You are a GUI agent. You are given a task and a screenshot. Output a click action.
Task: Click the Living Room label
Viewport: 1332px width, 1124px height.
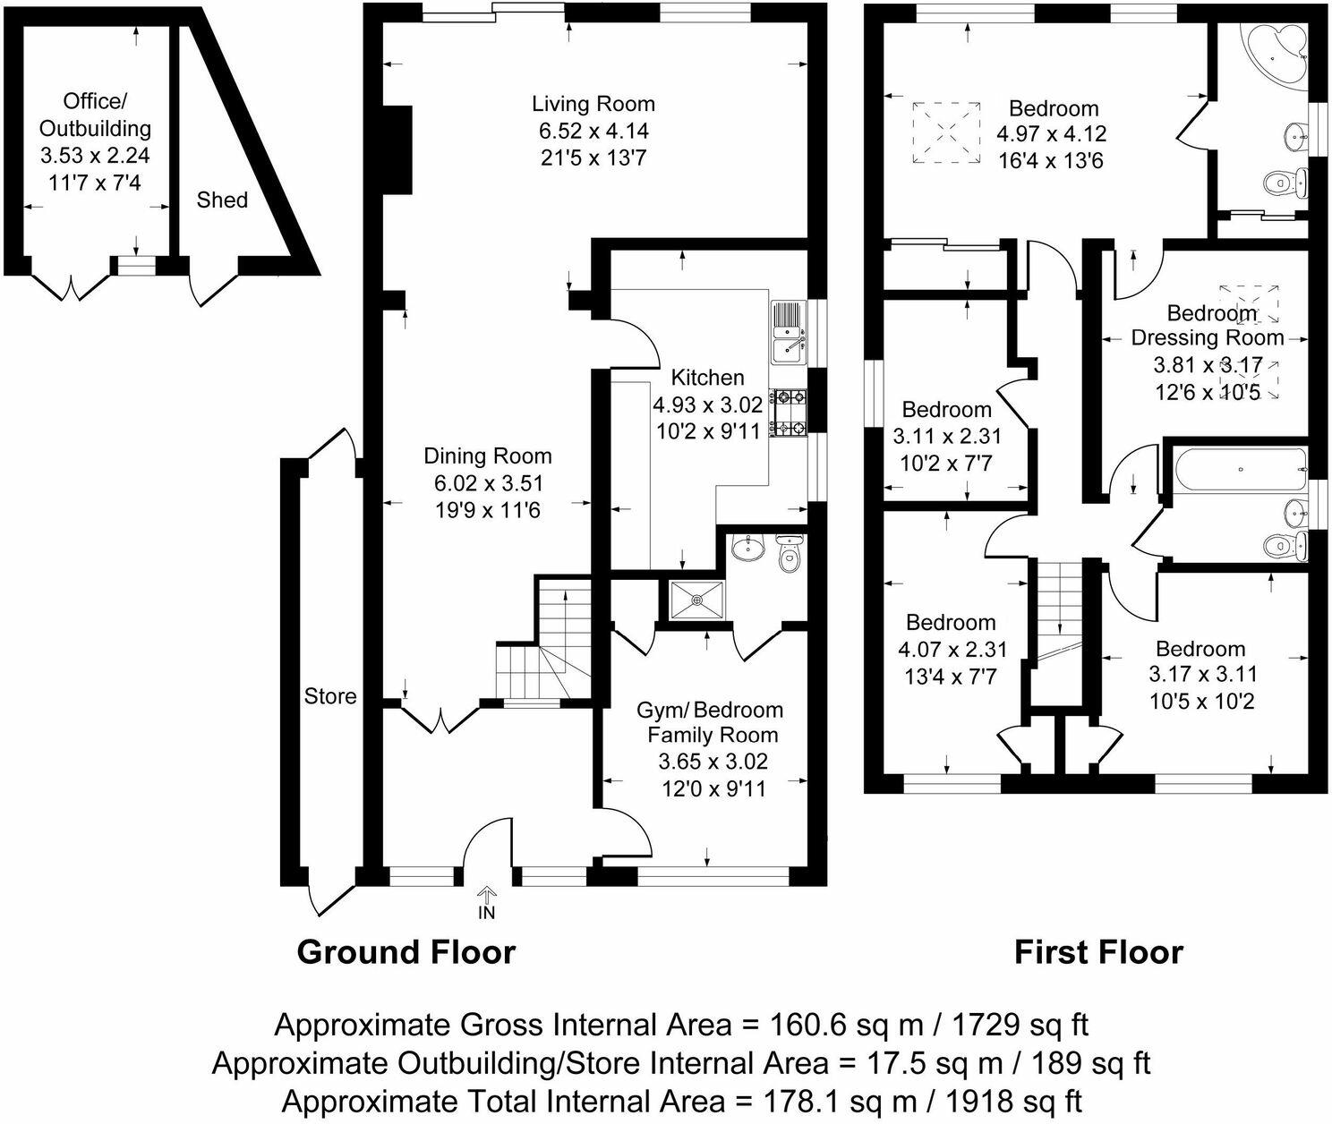point(593,104)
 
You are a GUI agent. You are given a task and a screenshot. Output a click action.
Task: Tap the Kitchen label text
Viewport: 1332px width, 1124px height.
point(707,378)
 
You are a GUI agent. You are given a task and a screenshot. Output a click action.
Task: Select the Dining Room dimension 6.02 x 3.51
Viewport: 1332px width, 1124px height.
point(488,483)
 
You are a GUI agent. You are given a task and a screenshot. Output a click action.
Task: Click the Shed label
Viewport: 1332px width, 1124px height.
point(222,200)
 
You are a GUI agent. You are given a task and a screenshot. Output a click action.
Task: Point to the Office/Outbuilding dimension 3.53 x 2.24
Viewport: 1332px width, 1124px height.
point(95,156)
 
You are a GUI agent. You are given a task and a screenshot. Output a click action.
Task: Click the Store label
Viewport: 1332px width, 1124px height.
point(330,696)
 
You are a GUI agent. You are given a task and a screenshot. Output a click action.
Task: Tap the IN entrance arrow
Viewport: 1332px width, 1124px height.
point(486,896)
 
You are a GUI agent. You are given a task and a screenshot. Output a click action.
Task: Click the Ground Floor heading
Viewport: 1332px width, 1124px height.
point(406,951)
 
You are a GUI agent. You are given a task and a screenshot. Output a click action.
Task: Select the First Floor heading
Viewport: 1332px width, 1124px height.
point(1097,951)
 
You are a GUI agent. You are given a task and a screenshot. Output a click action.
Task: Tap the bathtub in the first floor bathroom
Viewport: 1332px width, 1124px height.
point(1239,469)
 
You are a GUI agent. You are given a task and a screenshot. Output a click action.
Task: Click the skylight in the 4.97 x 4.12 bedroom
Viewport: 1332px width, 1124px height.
point(945,132)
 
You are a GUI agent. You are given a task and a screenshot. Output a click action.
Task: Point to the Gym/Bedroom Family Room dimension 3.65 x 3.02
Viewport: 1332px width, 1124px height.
point(713,762)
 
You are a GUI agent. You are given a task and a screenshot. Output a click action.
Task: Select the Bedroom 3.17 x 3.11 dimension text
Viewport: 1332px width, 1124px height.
point(1202,674)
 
